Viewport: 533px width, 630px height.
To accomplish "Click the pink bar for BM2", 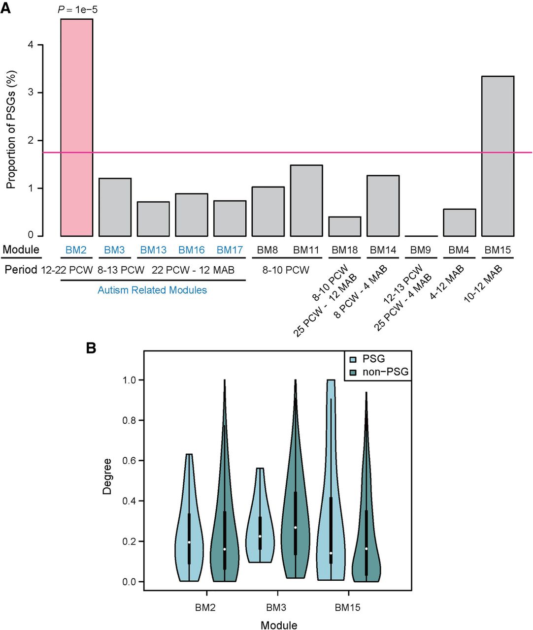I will coord(76,127).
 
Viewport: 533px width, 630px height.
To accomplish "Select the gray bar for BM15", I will coord(498,156).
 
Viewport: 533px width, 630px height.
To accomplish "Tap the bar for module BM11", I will coord(306,200).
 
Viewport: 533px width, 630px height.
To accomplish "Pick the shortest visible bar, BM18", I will coord(344,226).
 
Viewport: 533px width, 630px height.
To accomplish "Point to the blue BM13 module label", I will coord(153,250).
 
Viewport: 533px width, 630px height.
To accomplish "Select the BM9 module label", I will coord(421,250).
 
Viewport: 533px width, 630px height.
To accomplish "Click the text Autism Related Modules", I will coord(152,290).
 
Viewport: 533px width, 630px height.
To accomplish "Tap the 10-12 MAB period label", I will coord(483,284).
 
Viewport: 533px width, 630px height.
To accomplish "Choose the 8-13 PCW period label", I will coord(121,270).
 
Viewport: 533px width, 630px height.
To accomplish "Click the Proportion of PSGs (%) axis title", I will coord(11,130).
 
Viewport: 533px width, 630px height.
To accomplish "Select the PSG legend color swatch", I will coord(353,359).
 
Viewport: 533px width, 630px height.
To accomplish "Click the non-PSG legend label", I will coord(385,372).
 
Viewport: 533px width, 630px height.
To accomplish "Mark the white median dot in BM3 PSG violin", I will coord(260,536).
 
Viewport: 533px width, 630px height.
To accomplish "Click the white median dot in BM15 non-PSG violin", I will coord(366,548).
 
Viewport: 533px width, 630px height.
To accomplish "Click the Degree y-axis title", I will coord(107,476).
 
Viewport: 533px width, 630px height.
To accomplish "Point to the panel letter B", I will coord(91,348).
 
